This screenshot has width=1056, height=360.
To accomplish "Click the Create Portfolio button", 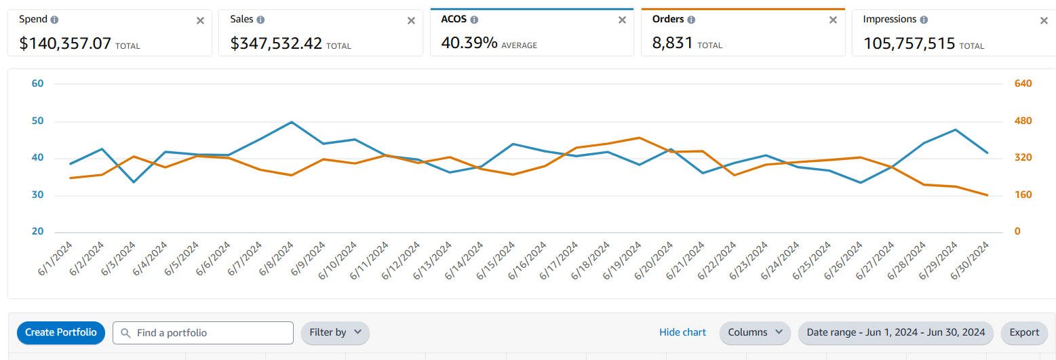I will [61, 333].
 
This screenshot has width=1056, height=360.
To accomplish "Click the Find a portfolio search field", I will [203, 333].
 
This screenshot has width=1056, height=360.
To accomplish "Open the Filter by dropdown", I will [335, 333].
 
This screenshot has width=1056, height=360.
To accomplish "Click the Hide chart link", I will [682, 332].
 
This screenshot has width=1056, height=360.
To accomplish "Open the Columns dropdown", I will [754, 333].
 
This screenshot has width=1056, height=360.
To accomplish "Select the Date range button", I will [895, 333].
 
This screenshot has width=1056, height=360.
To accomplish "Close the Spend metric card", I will [200, 20].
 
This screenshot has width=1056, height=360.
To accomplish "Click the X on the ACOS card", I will [622, 20].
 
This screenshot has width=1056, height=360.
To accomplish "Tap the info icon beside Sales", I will [261, 20].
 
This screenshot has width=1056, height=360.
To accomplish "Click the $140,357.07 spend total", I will [65, 44].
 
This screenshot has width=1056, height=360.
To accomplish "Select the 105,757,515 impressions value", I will [909, 44].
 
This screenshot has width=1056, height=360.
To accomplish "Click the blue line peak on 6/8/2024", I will [292, 122].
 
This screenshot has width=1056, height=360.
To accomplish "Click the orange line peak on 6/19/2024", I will [639, 138].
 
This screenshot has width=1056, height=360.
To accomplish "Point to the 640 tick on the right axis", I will [1023, 83].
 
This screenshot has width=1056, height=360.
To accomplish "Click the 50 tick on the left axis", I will [37, 121].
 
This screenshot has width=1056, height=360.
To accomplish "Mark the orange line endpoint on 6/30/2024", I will [987, 195].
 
